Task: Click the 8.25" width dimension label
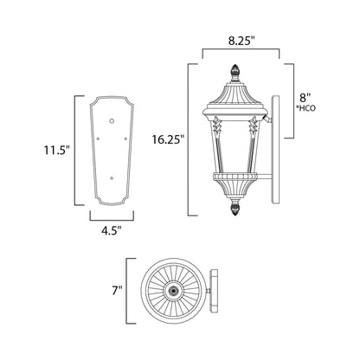pyautogui.click(x=241, y=40)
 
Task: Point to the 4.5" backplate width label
pyautogui.click(x=112, y=230)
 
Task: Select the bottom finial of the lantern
pyautogui.click(x=233, y=209)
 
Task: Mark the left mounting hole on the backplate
pyautogui.click(x=100, y=137)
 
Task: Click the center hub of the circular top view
pyautogui.click(x=177, y=292)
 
